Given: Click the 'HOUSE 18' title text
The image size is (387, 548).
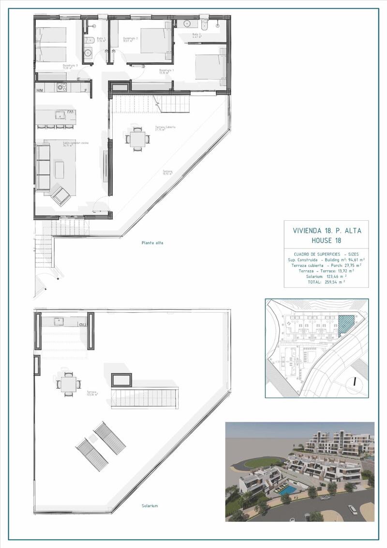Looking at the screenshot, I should [327, 240].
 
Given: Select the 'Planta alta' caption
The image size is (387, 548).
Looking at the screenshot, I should [152, 243].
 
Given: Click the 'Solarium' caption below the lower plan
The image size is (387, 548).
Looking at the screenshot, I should [150, 506].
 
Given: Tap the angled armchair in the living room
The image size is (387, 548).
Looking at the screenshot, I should [61, 196].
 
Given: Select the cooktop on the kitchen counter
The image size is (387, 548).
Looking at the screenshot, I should [61, 87].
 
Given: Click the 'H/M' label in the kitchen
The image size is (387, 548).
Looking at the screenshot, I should [40, 90].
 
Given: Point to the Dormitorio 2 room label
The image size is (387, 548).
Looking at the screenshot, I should [131, 39].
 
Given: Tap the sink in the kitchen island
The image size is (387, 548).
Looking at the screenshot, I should [60, 115].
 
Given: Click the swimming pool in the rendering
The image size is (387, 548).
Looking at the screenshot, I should [289, 490].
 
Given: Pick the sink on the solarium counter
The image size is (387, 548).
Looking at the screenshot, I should [58, 321].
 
